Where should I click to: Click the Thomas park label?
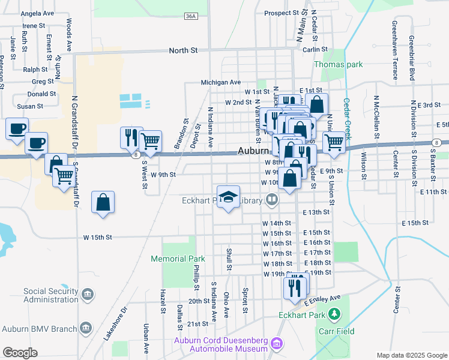[x=339, y=64]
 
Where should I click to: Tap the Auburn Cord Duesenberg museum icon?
[x=276, y=344]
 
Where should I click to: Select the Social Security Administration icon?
[x=88, y=295]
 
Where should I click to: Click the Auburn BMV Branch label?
[x=40, y=329]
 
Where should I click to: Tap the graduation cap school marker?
[x=228, y=197]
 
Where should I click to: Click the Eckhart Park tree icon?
[x=336, y=314]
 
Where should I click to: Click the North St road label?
[x=183, y=51]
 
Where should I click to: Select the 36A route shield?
[x=191, y=17]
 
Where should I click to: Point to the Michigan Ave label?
[x=220, y=82]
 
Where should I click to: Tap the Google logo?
[x=20, y=353]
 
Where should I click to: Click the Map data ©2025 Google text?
[x=411, y=355]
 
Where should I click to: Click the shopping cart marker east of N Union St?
[x=334, y=143]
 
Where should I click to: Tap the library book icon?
[x=273, y=200]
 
